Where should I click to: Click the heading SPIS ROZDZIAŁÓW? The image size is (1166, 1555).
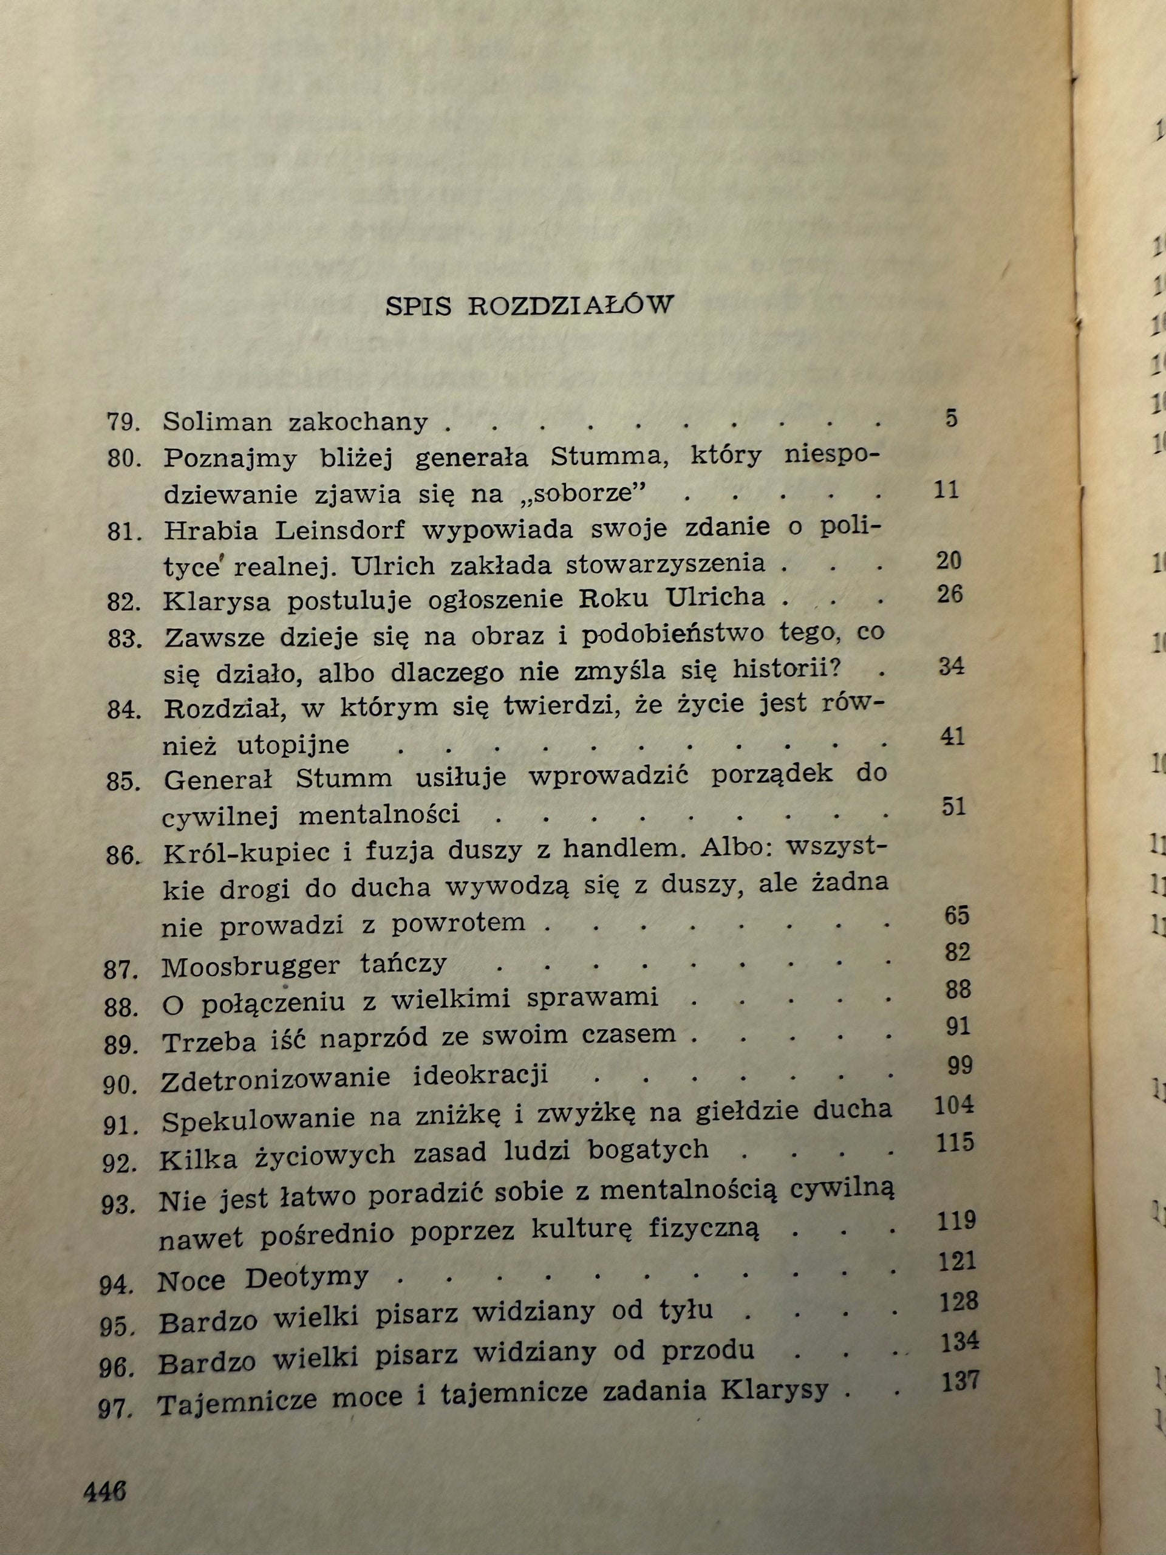[x=529, y=307]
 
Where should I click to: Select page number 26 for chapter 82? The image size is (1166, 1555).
[x=948, y=594]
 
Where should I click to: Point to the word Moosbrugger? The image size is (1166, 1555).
[x=250, y=966]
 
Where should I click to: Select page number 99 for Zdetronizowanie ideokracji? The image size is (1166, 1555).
[x=960, y=1066]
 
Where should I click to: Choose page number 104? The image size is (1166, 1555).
[x=955, y=1105]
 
